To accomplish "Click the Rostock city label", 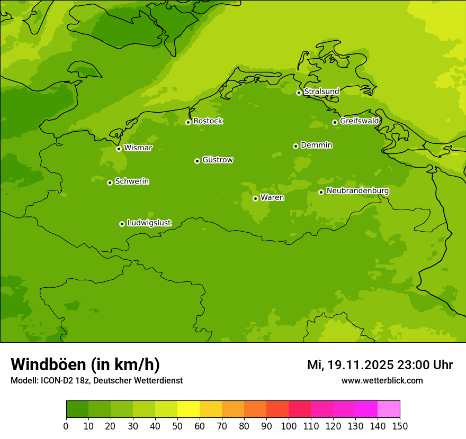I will coord(208,121).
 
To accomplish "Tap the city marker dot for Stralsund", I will coord(299,93).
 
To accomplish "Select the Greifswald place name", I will coord(359,121).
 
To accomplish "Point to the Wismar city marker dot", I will coord(119,149).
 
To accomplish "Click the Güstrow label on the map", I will coord(217,160).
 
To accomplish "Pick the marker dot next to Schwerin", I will coord(110,182).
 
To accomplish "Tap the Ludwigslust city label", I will coord(149,223).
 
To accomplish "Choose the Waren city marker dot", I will coord(255,198).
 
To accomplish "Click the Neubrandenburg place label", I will coord(357,191).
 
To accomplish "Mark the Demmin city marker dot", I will coord(295,146).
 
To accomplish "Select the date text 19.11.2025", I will coord(360,365).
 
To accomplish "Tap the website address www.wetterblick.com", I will coord(382,381).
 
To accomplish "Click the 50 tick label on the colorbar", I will coord(177,426).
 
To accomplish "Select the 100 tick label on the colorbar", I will coord(289,426).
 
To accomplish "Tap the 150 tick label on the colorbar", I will coord(400,426).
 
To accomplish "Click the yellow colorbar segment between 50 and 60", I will coord(189,409).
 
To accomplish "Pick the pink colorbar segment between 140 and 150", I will coord(389,409).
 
